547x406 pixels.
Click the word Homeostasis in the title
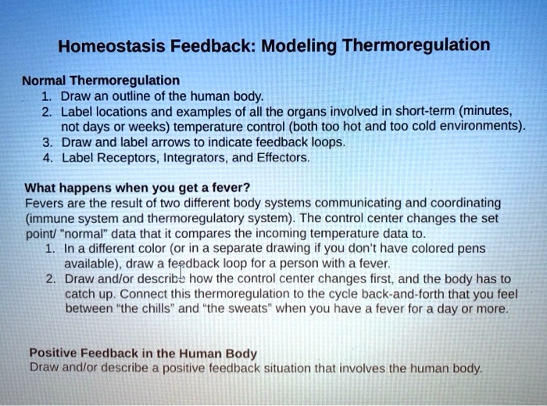pyautogui.click(x=111, y=45)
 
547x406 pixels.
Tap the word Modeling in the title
pyautogui.click(x=299, y=46)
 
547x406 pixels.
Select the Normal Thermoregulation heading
pyautogui.click(x=101, y=81)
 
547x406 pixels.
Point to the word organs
pyautogui.click(x=306, y=112)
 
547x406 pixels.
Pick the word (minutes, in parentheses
pyautogui.click(x=485, y=111)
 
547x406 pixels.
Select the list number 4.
pyautogui.click(x=48, y=158)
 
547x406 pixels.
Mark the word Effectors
pyautogui.click(x=283, y=158)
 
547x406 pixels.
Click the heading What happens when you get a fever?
pyautogui.click(x=138, y=188)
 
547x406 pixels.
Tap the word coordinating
pyautogui.click(x=466, y=203)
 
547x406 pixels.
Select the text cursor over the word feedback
pyautogui.click(x=181, y=271)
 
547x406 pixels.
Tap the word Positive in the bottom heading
pyautogui.click(x=53, y=353)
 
